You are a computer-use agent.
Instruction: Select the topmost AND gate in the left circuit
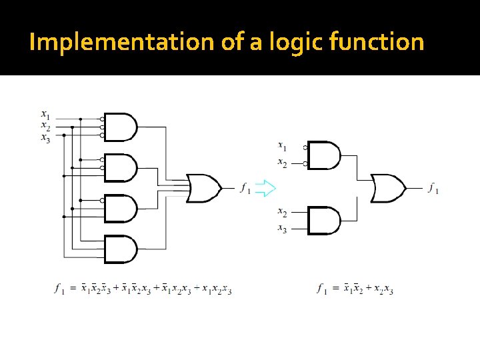[121, 127]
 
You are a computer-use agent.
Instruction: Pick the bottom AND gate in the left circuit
[121, 249]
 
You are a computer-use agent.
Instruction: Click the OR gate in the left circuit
[204, 188]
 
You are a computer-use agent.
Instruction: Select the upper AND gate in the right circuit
[324, 155]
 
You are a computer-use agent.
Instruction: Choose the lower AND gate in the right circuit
[324, 221]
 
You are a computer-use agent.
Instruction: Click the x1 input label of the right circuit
[282, 145]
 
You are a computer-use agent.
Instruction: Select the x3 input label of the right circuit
[282, 229]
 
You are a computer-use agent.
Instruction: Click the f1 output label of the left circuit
[245, 189]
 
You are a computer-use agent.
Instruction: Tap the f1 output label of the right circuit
[433, 188]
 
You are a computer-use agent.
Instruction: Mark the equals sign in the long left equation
[73, 289]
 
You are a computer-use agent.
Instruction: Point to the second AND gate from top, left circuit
[121, 168]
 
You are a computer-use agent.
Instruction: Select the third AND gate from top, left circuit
[121, 208]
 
